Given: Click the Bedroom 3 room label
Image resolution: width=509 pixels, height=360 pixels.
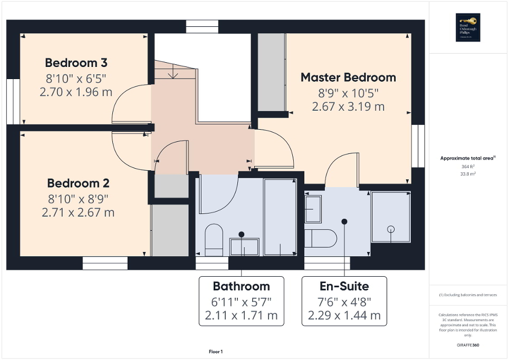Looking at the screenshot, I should tap(76, 63).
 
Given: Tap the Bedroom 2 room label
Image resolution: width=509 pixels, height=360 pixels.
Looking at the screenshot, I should tap(78, 183).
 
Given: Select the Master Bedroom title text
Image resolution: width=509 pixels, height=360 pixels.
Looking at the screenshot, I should tap(348, 77).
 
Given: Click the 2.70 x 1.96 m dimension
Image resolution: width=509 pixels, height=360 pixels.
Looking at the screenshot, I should tap(76, 92).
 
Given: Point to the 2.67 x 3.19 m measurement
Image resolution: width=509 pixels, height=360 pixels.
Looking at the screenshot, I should tap(348, 106).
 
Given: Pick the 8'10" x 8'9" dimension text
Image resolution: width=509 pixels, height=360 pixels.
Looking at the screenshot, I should tap(78, 199).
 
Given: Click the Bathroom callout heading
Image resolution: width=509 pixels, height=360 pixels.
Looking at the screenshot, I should tap(241, 286).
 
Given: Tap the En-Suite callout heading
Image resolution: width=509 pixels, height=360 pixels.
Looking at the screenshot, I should tap(344, 286).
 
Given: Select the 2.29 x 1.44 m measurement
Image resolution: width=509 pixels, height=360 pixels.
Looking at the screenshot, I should tap(344, 316).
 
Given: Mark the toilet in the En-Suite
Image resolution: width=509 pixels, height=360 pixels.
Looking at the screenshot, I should tap(322, 238).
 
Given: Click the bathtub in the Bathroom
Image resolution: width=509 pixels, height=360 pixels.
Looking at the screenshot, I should tap(280, 217).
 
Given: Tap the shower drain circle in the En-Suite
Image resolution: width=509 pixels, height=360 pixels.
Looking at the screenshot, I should tap(391, 229).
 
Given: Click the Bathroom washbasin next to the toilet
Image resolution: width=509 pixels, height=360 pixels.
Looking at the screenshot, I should tap(244, 247).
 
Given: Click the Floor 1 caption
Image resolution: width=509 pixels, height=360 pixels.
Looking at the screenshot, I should tap(216, 352).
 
